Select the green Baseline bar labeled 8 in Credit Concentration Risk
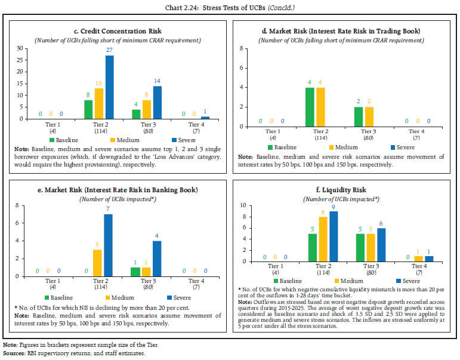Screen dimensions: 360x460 pos(88,109)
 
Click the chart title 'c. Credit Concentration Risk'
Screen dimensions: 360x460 pos(117,30)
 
